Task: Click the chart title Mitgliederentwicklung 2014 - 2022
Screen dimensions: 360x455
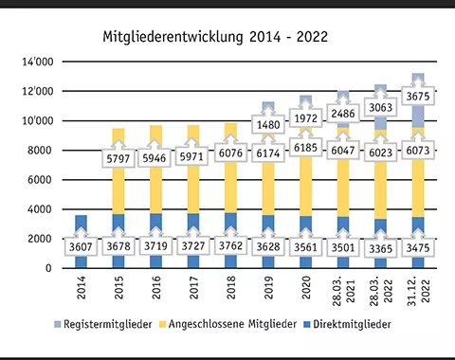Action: (x=215, y=38)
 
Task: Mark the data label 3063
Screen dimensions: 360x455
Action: (x=381, y=108)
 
